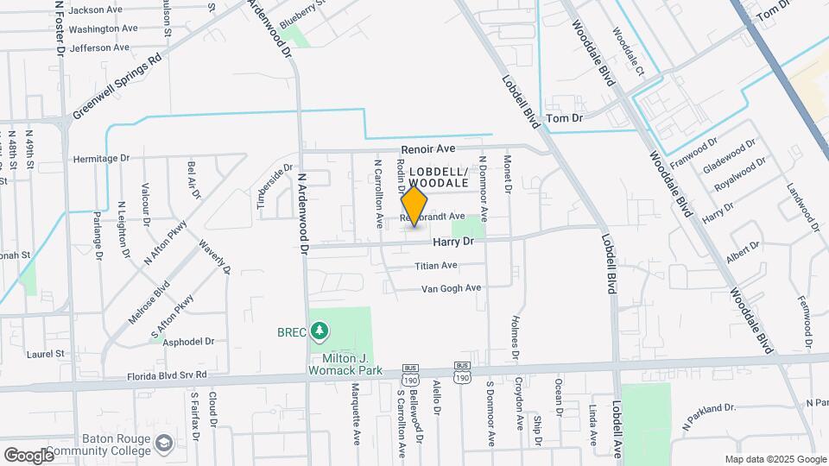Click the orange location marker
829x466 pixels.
(x=414, y=206)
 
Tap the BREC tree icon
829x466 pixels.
(x=320, y=331)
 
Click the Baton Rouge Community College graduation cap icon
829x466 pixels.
(x=163, y=444)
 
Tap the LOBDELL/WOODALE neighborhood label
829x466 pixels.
(x=438, y=178)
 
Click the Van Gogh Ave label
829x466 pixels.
(x=450, y=288)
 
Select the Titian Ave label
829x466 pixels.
(x=436, y=266)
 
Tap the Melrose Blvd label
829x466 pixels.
(x=136, y=301)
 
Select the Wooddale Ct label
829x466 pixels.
(x=628, y=51)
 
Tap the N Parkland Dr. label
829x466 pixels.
(x=708, y=413)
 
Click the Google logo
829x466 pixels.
(x=28, y=455)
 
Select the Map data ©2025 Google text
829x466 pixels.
(x=774, y=459)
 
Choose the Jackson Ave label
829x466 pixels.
(x=95, y=10)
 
